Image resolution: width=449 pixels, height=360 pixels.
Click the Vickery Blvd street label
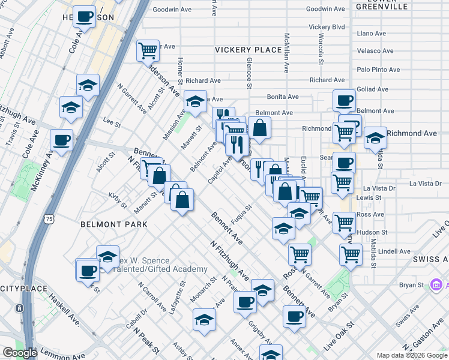327,27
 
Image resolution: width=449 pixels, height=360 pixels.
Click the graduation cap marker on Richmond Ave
375,137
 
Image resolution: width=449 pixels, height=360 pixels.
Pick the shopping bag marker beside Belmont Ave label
259,127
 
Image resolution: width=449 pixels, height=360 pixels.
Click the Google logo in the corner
19,353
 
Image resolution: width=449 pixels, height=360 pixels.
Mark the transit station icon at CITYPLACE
20,308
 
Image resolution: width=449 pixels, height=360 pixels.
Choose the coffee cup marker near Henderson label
85,16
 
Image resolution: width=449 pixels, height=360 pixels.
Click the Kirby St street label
117,201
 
